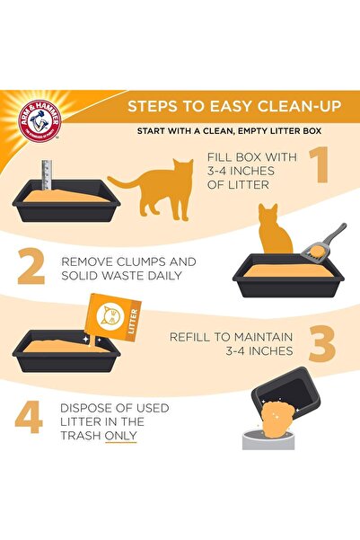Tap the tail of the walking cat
point(120,182)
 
